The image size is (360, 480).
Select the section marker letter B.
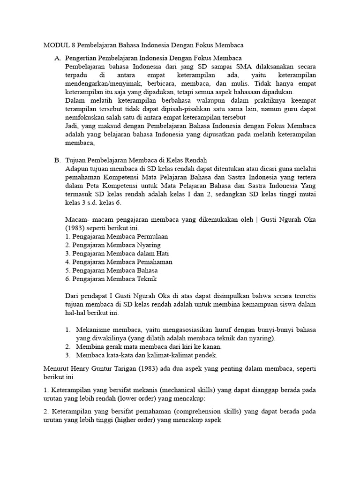(57, 160)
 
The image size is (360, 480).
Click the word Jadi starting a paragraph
(72, 126)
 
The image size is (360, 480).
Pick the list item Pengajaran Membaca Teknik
(111, 278)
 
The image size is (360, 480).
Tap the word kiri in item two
(177, 346)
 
